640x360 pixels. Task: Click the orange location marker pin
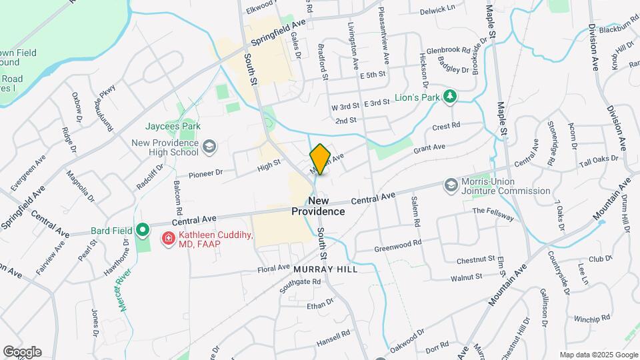(x=320, y=159)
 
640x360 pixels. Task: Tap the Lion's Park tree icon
(x=451, y=97)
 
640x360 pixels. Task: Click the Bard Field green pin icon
(x=141, y=231)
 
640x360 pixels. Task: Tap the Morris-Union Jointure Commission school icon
(x=451, y=185)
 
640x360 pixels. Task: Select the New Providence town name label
(x=318, y=206)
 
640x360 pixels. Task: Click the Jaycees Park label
(x=173, y=125)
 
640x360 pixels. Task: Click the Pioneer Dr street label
(x=205, y=173)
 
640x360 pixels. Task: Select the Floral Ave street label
(x=275, y=269)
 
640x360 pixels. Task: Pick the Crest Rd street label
(x=446, y=126)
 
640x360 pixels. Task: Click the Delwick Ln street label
(x=437, y=11)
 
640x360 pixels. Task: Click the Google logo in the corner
(x=22, y=352)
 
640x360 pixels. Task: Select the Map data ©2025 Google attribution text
(x=598, y=355)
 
